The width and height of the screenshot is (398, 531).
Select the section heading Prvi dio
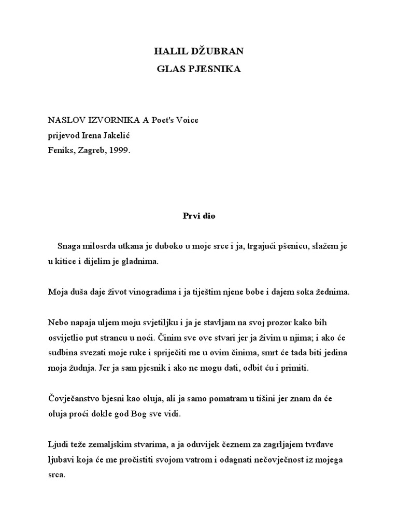pos(198,216)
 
